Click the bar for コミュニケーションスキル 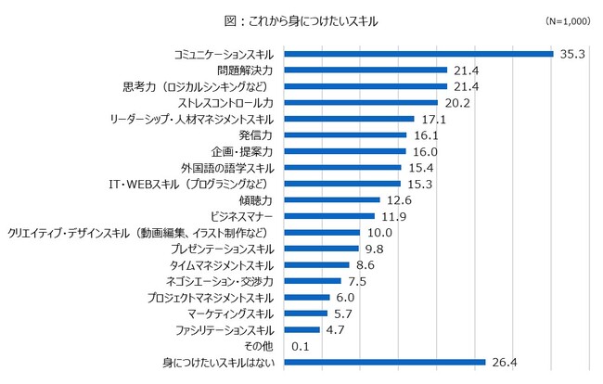pos(417,54)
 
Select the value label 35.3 pos(572,54)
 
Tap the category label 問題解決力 pos(243,70)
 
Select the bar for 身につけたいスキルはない pos(384,363)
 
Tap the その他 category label pos(260,346)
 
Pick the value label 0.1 pos(301,346)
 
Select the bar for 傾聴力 pos(331,200)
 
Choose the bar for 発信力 pos(344,135)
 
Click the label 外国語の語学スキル pos(228,168)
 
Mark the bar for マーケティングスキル pos(304,314)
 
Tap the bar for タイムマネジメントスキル pos(315,265)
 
